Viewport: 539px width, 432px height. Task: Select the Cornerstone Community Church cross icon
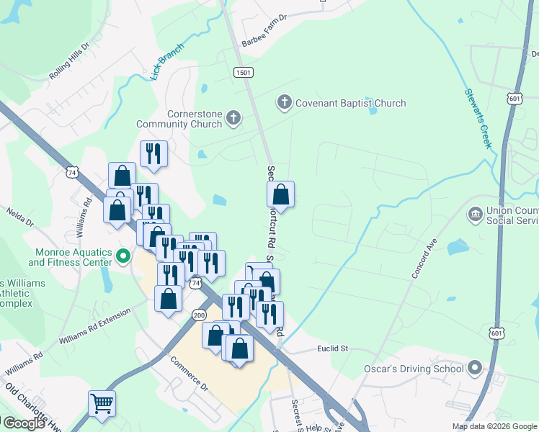233,117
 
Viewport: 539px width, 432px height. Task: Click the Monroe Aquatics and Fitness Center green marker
123,256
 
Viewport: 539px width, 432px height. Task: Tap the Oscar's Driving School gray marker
474,369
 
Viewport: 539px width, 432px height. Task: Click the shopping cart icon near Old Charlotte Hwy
102,404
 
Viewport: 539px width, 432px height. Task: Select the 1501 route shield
243,72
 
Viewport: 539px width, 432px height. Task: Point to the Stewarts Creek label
476,120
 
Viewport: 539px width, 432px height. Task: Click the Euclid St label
332,348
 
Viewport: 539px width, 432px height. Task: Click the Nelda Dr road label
20,217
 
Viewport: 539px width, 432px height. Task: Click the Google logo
24,423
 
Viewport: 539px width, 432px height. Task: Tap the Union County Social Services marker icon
475,214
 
